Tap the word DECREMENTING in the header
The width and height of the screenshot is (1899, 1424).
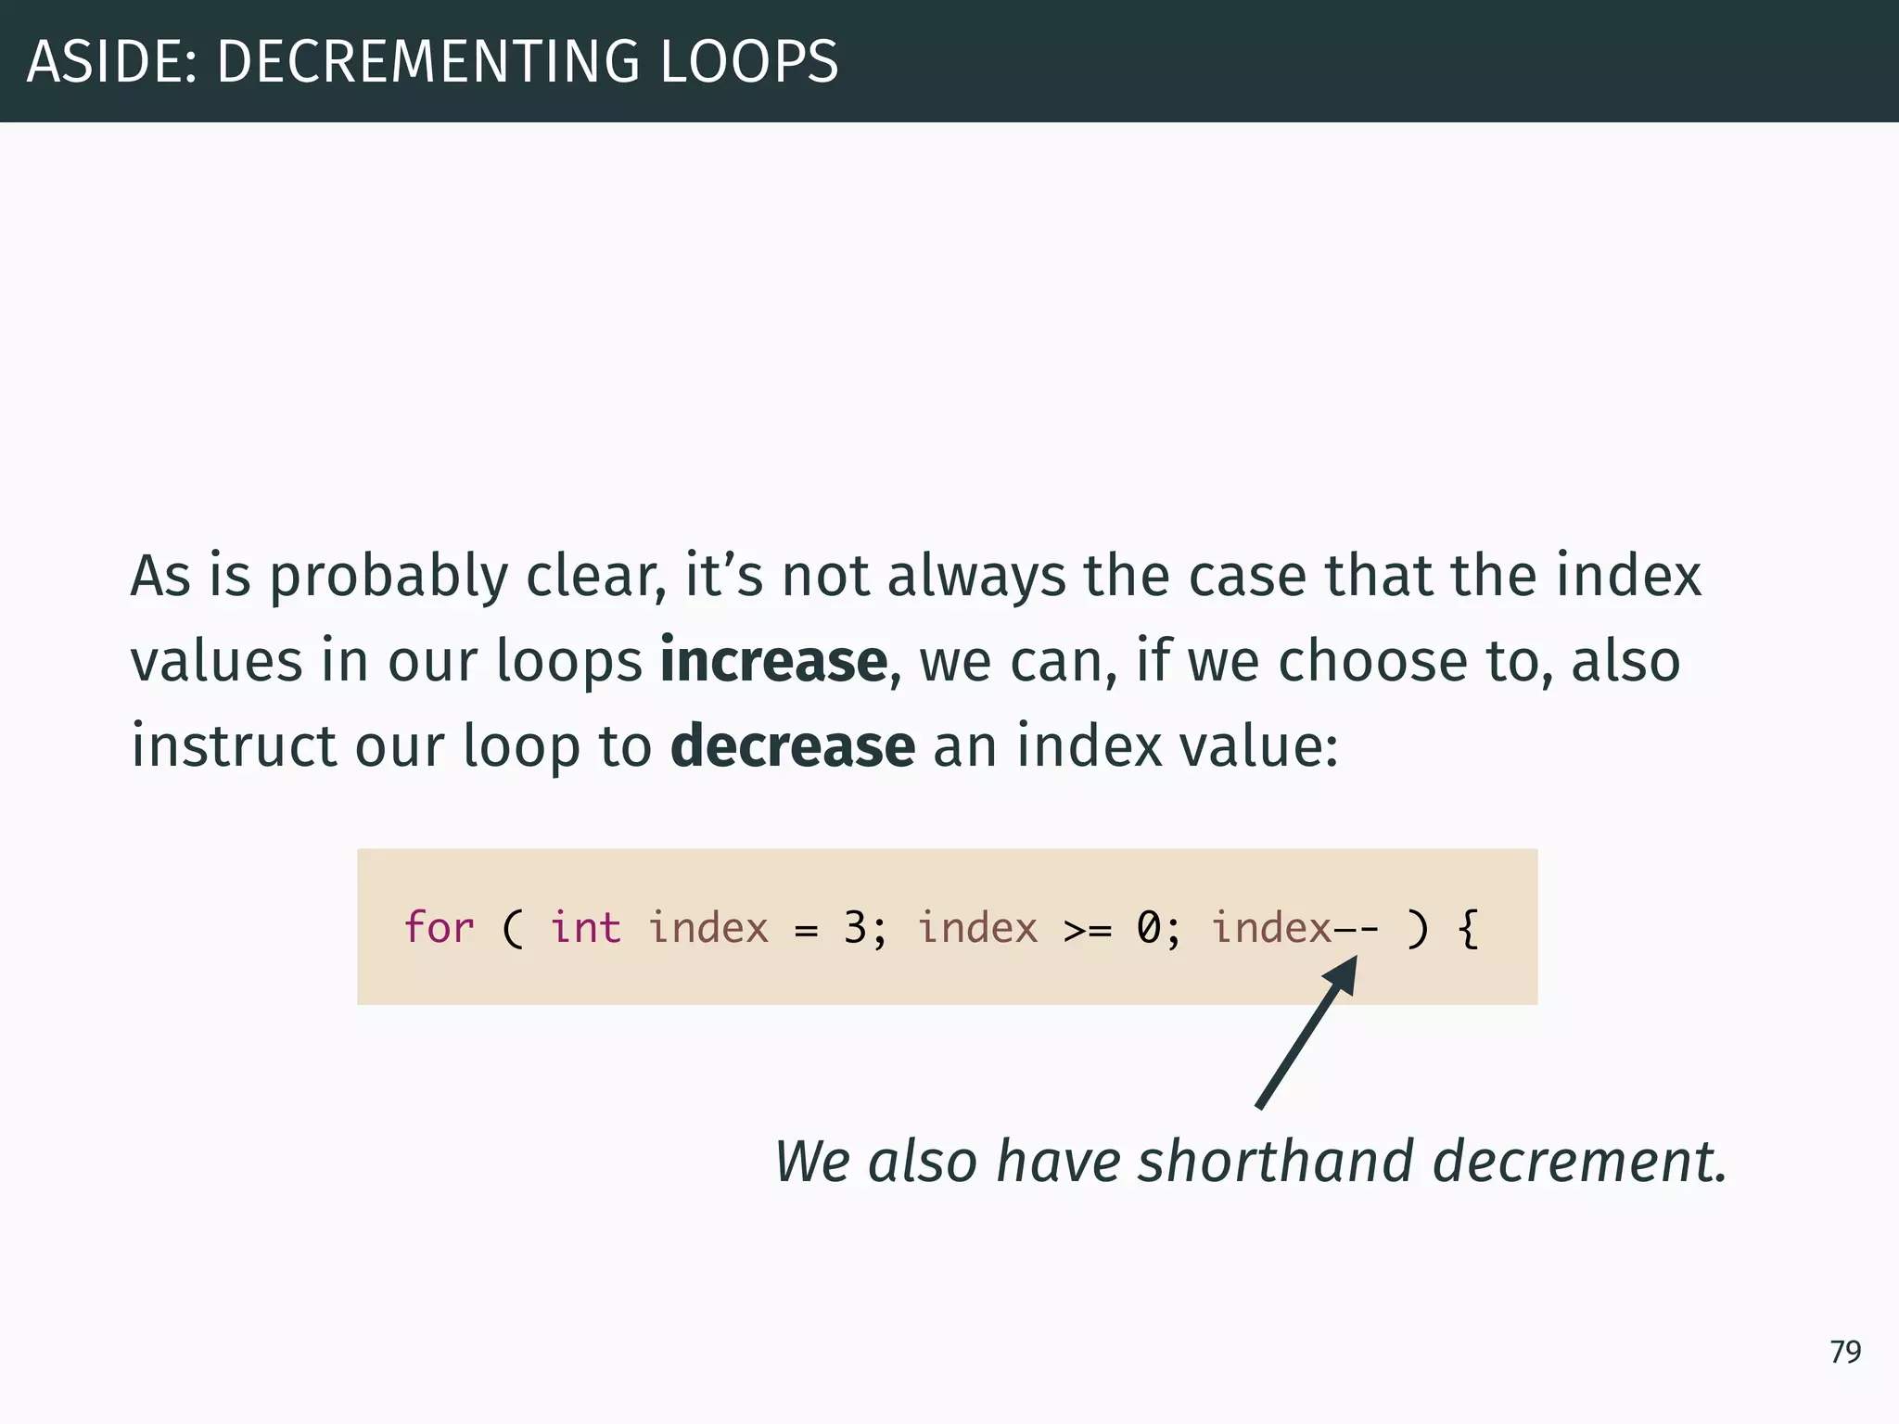tap(427, 62)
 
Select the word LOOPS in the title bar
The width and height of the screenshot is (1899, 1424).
tap(748, 62)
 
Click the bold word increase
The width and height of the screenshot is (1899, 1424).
tap(773, 661)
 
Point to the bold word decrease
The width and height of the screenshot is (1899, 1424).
tap(793, 746)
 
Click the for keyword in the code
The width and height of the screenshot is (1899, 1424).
tap(439, 927)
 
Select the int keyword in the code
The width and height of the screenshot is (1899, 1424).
tap(585, 927)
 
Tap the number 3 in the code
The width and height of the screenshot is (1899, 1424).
tap(854, 927)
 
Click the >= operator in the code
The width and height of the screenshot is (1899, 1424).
tap(1087, 929)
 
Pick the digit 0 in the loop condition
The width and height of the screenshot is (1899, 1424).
tap(1148, 927)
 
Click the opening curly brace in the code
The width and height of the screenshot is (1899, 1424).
tap(1467, 927)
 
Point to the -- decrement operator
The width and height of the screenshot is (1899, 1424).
tap(1356, 928)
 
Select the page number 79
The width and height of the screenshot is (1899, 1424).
tap(1845, 1352)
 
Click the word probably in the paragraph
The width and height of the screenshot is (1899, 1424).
tap(389, 577)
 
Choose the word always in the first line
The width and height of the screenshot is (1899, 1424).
tap(976, 577)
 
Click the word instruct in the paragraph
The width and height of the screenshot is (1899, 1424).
tap(234, 746)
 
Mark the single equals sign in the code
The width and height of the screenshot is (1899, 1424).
tap(806, 929)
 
